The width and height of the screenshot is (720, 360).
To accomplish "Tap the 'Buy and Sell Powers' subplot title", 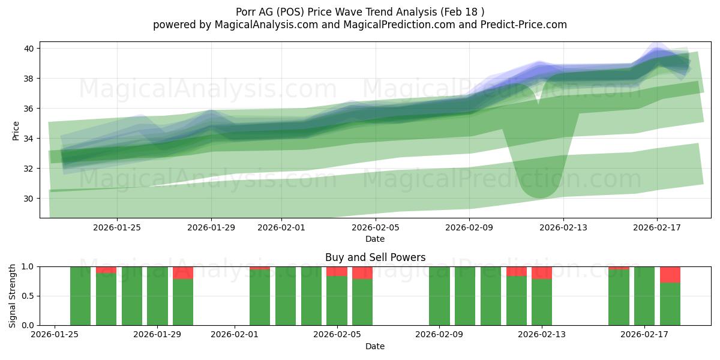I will pyautogui.click(x=375, y=257).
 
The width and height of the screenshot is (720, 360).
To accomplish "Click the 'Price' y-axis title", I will pyautogui.click(x=16, y=130).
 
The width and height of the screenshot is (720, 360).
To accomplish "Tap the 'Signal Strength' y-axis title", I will pyautogui.click(x=13, y=296).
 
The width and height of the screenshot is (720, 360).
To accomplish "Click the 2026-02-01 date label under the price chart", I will pyautogui.click(x=281, y=227).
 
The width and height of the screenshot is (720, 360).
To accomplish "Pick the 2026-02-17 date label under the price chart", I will pyautogui.click(x=657, y=227).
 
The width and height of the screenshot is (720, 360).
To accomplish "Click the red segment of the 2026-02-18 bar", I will pyautogui.click(x=670, y=275).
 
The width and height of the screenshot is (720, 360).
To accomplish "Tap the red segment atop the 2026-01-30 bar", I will pyautogui.click(x=183, y=273).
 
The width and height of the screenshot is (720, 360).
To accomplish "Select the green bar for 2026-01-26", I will pyautogui.click(x=80, y=296).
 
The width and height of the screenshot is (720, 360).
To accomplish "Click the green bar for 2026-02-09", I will pyautogui.click(x=439, y=296).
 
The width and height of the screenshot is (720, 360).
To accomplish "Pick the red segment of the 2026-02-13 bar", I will pyautogui.click(x=542, y=273).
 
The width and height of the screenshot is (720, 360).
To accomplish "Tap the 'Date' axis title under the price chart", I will pyautogui.click(x=375, y=239).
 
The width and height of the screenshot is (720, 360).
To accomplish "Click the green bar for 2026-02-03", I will pyautogui.click(x=286, y=296).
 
